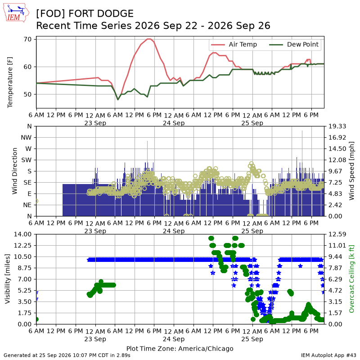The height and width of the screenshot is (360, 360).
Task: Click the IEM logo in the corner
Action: [16, 13]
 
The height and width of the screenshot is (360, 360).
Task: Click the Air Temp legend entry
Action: [234, 45]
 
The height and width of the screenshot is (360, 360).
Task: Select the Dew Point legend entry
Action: [294, 45]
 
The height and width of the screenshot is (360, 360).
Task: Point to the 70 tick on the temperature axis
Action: [27, 39]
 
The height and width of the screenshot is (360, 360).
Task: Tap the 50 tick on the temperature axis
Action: [27, 94]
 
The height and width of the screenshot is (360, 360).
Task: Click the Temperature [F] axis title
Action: [10, 82]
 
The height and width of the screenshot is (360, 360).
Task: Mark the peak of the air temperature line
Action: [149, 39]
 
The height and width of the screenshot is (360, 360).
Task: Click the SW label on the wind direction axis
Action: [27, 160]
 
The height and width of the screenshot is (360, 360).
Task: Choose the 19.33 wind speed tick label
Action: [337, 126]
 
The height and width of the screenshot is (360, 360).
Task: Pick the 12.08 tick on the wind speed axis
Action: [337, 160]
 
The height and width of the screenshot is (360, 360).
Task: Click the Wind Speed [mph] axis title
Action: [351, 171]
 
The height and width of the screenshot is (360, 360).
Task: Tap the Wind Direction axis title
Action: [14, 171]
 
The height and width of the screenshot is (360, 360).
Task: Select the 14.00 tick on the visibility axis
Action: [23, 234]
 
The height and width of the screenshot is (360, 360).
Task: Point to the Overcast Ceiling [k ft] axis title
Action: [351, 279]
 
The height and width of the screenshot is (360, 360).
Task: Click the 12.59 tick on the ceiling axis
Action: [337, 234]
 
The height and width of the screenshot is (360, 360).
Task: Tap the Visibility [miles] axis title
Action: [8, 279]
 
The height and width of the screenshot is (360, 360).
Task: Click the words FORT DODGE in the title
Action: [101, 13]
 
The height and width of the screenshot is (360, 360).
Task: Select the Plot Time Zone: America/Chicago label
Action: [180, 348]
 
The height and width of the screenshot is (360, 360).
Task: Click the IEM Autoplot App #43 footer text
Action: [328, 355]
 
